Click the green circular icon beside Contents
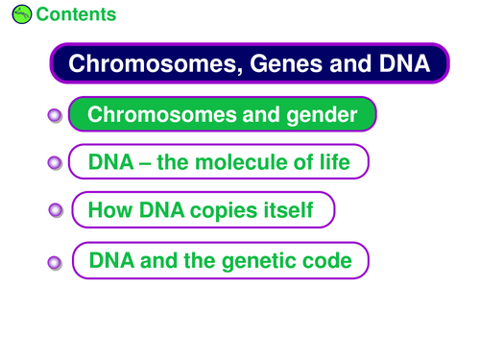22,14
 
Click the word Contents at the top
76,14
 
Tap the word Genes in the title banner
286,63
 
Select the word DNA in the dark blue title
404,63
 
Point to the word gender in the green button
322,115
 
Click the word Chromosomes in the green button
163,114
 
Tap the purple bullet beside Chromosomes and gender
55,115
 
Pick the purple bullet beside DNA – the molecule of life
55,163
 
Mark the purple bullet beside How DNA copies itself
56,210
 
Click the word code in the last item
327,260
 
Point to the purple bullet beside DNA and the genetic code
55,263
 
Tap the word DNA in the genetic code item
111,260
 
